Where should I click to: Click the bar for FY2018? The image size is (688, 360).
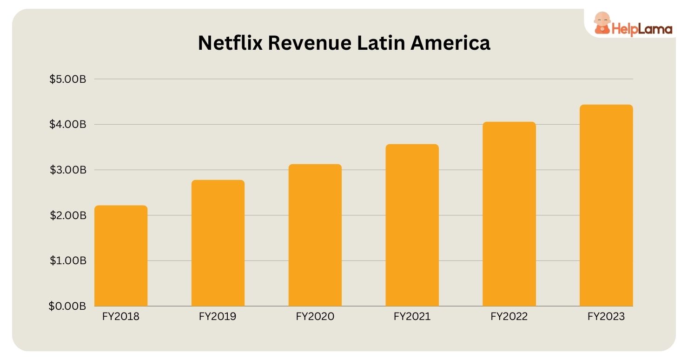pyautogui.click(x=121, y=256)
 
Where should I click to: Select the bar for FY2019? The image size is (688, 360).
pyautogui.click(x=218, y=243)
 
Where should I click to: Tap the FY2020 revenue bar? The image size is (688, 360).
pyautogui.click(x=315, y=235)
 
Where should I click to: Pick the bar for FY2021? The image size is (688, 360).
pyautogui.click(x=412, y=225)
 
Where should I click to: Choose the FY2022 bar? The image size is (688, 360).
pyautogui.click(x=509, y=214)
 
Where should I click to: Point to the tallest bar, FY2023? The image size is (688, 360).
pyautogui.click(x=606, y=205)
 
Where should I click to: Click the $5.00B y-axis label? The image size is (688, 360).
pyautogui.click(x=68, y=79)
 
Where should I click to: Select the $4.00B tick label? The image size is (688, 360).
pyautogui.click(x=68, y=125)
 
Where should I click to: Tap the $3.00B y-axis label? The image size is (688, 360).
pyautogui.click(x=68, y=170)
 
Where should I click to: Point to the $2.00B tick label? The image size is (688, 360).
pyautogui.click(x=68, y=215)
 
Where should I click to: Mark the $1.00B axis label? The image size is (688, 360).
pyautogui.click(x=68, y=261)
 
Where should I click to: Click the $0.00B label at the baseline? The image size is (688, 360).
pyautogui.click(x=68, y=306)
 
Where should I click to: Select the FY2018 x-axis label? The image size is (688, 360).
pyautogui.click(x=120, y=317)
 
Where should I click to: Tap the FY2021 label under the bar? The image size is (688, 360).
pyautogui.click(x=412, y=317)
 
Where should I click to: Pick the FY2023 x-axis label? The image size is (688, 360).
pyautogui.click(x=606, y=317)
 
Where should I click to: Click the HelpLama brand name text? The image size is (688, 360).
pyautogui.click(x=642, y=29)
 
